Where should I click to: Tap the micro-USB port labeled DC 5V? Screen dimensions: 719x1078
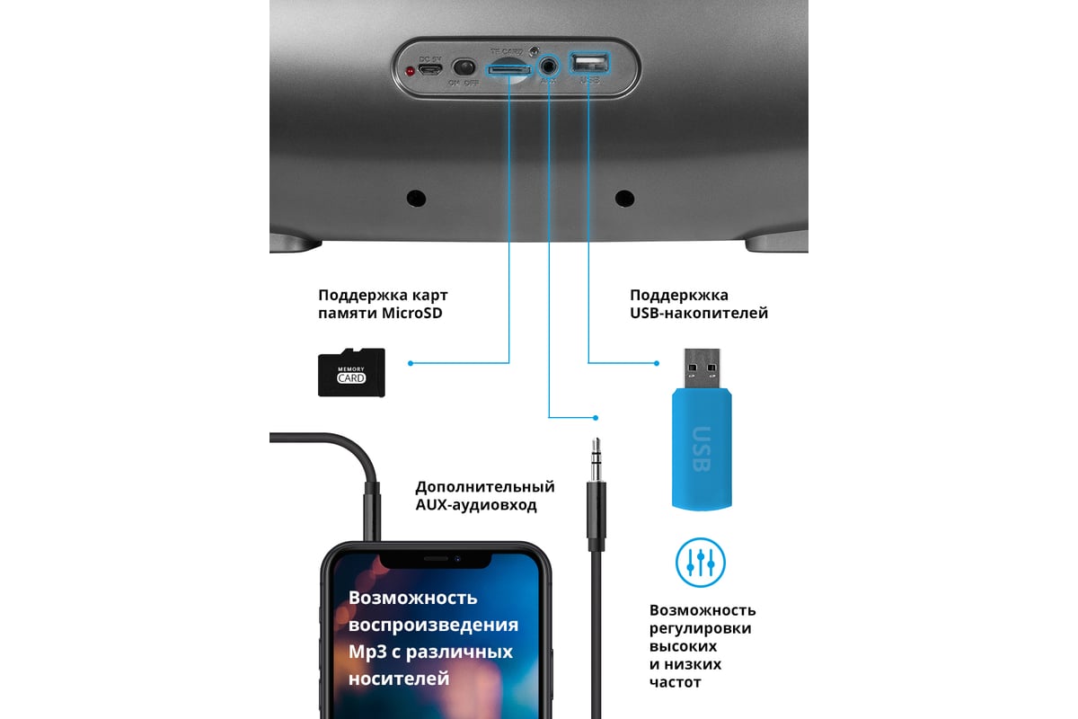point(431,68)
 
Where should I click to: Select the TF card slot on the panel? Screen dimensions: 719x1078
point(508,68)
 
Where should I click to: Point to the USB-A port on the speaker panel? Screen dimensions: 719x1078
point(589,63)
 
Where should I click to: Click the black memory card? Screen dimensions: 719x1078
point(351,373)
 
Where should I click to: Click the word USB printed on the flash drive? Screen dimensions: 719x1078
point(701,447)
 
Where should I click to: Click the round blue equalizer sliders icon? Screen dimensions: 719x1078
point(700,562)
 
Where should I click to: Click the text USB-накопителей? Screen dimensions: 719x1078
point(699,314)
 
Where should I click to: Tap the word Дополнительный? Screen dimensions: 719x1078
point(484,487)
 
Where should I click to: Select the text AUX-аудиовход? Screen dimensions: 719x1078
point(475,505)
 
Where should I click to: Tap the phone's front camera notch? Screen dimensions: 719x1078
point(435,559)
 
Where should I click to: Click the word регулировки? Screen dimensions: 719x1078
point(700,628)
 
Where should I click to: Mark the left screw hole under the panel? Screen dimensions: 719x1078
point(415,198)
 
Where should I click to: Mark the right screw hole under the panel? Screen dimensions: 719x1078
point(623,198)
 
